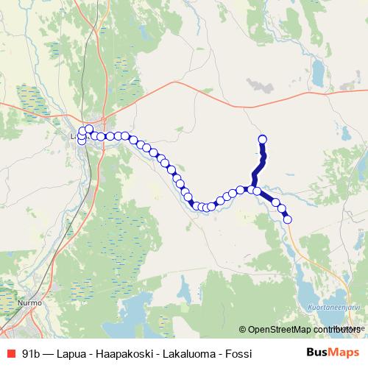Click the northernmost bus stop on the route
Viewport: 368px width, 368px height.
[x=262, y=140]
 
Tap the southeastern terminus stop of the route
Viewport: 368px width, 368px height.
[x=287, y=219]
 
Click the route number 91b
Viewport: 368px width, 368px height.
[x=32, y=354]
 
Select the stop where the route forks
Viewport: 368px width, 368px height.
[x=251, y=190]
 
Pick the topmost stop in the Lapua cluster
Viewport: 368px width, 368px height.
[x=89, y=130]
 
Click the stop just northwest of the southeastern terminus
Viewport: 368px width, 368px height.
[x=282, y=209]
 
